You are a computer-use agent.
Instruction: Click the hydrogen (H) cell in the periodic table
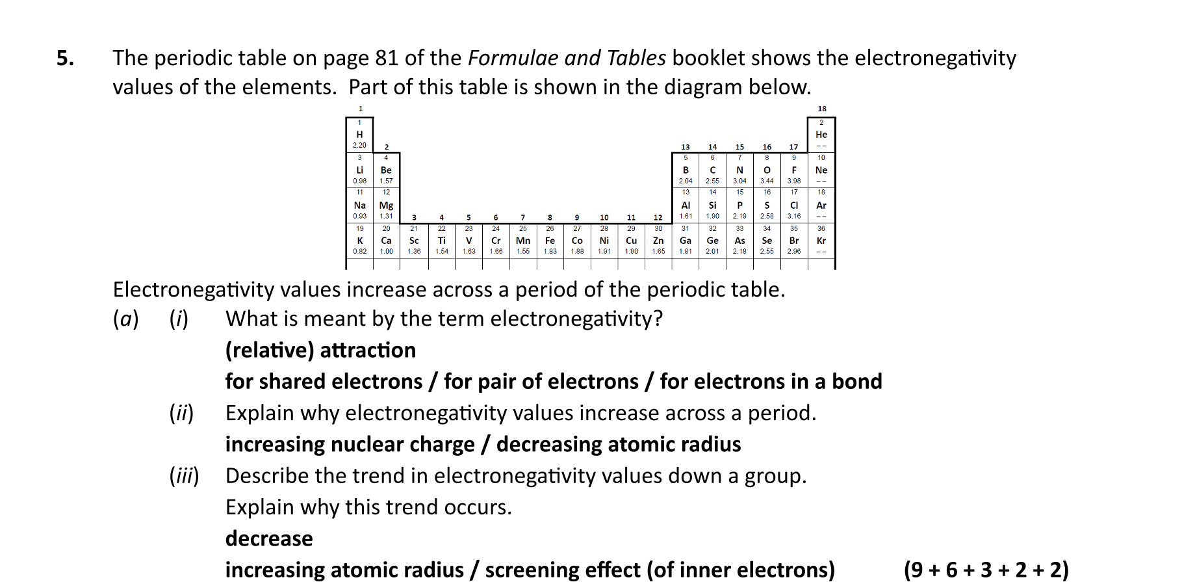point(359,135)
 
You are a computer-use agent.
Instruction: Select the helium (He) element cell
point(821,135)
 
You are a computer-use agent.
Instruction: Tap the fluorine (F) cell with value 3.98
point(794,170)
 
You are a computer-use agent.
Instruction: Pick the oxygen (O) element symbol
point(767,170)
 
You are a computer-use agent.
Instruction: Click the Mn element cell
point(523,241)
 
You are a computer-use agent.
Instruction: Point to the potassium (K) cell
point(359,241)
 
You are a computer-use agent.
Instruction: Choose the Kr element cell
point(821,241)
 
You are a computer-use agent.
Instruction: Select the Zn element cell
point(658,241)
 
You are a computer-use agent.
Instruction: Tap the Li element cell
point(359,170)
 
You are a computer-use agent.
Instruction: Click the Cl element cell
point(794,205)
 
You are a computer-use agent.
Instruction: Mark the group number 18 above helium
point(822,109)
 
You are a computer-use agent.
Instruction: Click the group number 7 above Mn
point(523,217)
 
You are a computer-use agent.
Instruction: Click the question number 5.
point(65,59)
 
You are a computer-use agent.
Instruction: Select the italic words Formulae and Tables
point(567,59)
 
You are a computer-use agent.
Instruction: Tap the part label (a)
point(125,319)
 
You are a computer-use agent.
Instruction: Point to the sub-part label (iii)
point(184,477)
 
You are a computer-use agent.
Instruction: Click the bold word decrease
point(269,539)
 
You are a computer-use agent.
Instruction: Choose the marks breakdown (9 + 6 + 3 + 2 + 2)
point(986,570)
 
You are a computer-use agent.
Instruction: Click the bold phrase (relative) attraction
point(320,351)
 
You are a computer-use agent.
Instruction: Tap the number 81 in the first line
point(387,59)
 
